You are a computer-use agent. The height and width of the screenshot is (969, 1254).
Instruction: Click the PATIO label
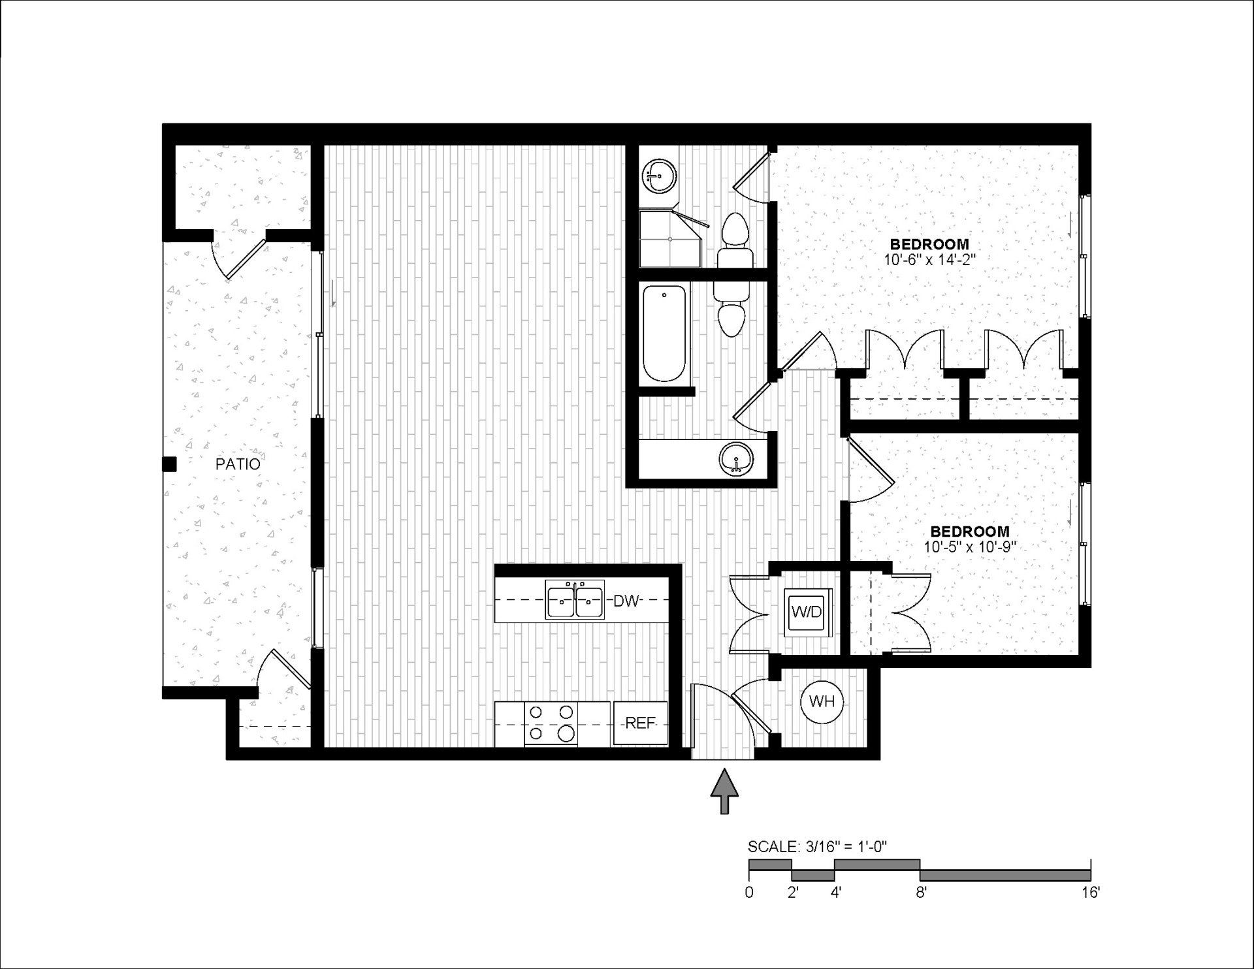click(238, 464)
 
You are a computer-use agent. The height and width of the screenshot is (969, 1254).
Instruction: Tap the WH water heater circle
click(822, 702)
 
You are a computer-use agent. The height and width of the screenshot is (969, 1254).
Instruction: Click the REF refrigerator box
click(640, 723)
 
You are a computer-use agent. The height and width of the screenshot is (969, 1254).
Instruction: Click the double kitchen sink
click(575, 599)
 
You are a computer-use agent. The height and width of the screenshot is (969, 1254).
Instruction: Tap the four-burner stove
click(551, 723)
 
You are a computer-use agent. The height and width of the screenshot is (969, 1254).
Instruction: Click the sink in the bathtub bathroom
click(736, 459)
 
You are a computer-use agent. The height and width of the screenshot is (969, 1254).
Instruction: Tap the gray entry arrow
click(724, 791)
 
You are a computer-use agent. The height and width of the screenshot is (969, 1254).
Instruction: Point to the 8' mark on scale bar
click(920, 892)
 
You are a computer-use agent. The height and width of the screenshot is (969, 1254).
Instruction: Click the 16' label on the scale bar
click(1089, 892)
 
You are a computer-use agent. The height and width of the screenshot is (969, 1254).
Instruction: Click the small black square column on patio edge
click(169, 464)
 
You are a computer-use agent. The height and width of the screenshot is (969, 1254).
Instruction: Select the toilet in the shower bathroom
click(735, 236)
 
